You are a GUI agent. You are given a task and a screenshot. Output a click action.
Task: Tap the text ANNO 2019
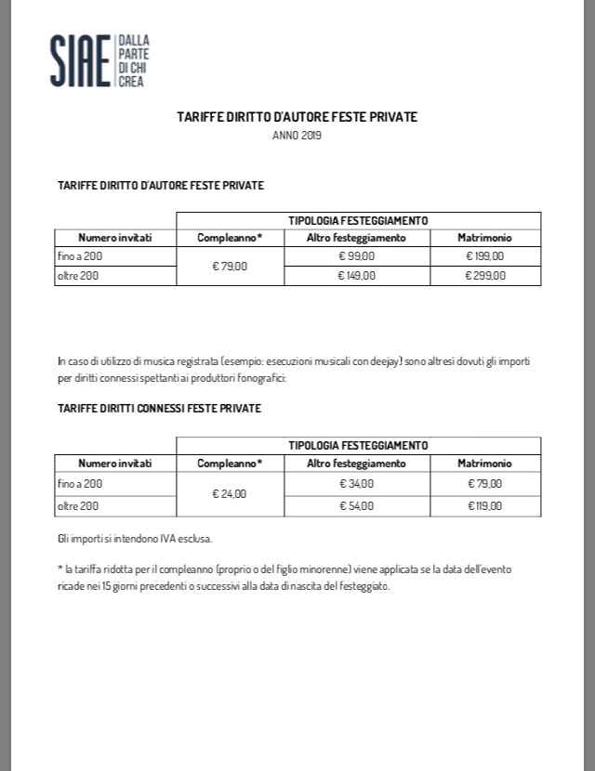pyautogui.click(x=297, y=136)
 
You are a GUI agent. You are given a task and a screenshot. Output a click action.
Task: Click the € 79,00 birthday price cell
pyautogui.click(x=230, y=266)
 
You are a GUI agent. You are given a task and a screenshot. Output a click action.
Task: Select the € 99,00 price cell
pyautogui.click(x=357, y=255)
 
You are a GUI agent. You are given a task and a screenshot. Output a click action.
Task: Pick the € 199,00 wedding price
pyautogui.click(x=484, y=255)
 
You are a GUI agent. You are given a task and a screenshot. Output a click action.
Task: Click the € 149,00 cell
pyautogui.click(x=357, y=275)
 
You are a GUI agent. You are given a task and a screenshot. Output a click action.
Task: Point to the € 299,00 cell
pyautogui.click(x=484, y=275)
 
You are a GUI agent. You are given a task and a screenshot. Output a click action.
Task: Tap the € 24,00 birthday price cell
pyautogui.click(x=230, y=494)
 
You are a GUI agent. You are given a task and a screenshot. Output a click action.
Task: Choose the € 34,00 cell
pyautogui.click(x=357, y=484)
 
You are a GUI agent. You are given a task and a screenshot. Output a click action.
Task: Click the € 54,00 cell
pyautogui.click(x=357, y=505)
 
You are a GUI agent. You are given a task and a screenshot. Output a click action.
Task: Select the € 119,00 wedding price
pyautogui.click(x=484, y=505)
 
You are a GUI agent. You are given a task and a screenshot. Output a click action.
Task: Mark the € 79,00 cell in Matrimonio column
pyautogui.click(x=484, y=484)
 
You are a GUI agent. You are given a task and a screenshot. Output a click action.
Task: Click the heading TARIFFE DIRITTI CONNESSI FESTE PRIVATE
pyautogui.click(x=159, y=409)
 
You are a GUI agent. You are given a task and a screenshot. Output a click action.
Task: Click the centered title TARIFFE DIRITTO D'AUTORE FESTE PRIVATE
pyautogui.click(x=297, y=118)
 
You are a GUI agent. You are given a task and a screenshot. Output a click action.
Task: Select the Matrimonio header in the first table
pyautogui.click(x=484, y=238)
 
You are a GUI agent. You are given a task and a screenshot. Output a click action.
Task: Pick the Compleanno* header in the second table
pyautogui.click(x=230, y=463)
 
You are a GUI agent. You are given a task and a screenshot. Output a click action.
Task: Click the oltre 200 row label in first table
pyautogui.click(x=77, y=275)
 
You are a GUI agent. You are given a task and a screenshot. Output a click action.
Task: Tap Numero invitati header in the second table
pyautogui.click(x=114, y=463)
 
